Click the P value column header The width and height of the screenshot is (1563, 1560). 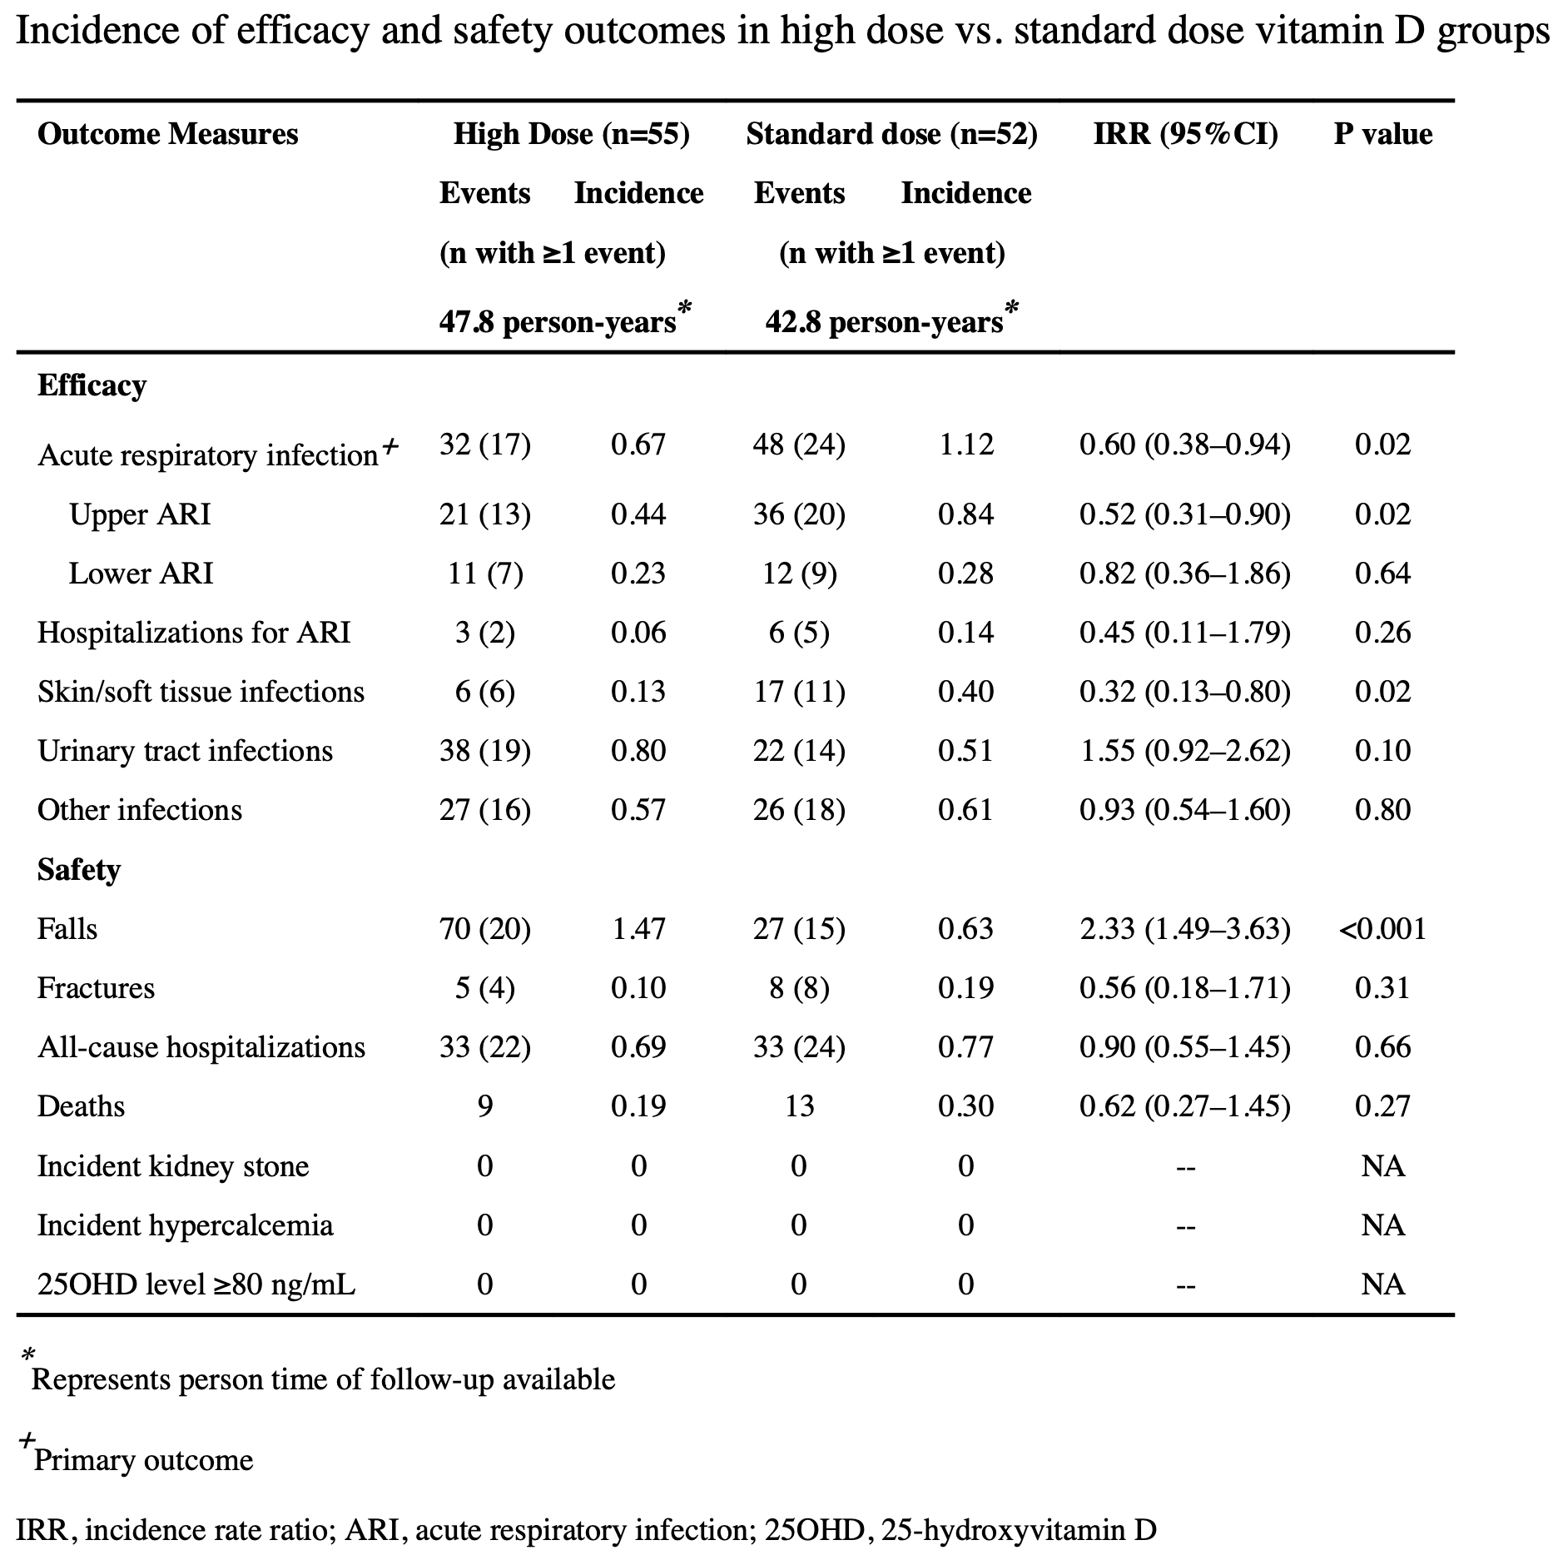click(x=1382, y=134)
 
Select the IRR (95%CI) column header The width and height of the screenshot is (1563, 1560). click(x=1185, y=134)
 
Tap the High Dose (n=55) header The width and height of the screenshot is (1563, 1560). click(x=571, y=134)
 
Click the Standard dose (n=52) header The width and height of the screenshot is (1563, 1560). click(x=891, y=134)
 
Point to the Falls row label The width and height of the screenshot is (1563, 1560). click(x=67, y=928)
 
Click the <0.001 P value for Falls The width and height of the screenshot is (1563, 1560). click(x=1382, y=928)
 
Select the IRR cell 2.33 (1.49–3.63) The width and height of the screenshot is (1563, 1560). click(x=1185, y=928)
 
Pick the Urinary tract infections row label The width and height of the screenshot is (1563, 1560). click(x=185, y=751)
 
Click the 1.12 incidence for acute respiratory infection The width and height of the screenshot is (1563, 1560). click(x=965, y=445)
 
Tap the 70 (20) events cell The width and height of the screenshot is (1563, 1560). click(x=484, y=928)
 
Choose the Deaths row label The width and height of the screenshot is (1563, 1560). click(x=81, y=1106)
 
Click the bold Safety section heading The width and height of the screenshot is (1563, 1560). click(x=79, y=870)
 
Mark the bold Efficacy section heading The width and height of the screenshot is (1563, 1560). click(x=92, y=385)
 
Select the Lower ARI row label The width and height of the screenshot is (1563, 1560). click(x=141, y=574)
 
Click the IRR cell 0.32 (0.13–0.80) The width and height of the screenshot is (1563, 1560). click(x=1185, y=692)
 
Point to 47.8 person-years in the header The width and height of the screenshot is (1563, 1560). click(x=557, y=322)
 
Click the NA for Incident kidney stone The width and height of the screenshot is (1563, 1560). click(x=1382, y=1165)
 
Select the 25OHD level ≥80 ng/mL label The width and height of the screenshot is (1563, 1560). click(x=196, y=1284)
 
